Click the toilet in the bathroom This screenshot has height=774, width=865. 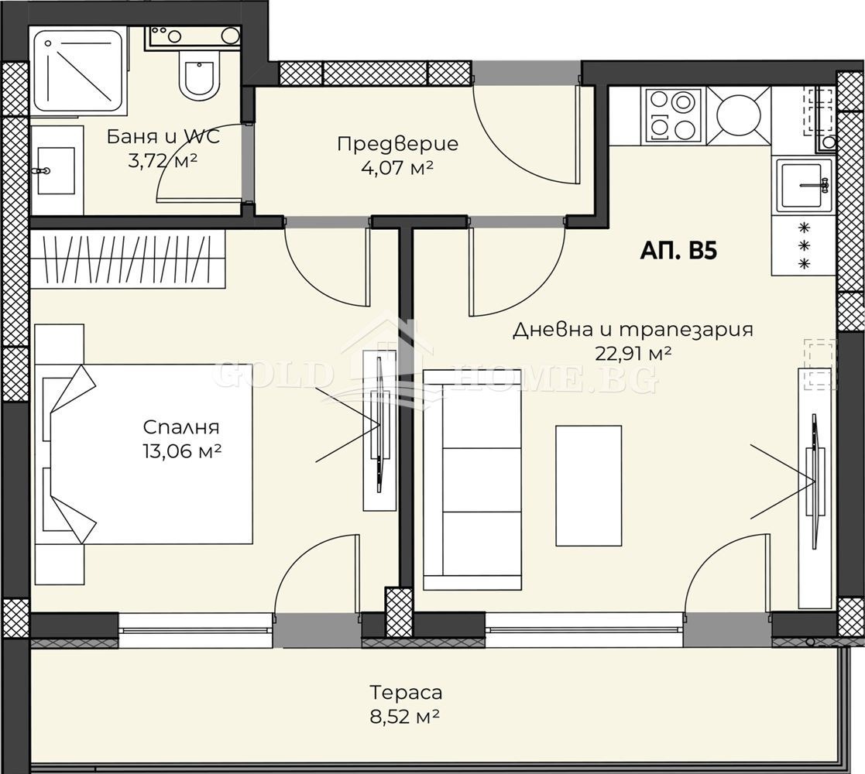pyautogui.click(x=199, y=77)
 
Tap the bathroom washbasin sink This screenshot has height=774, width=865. pyautogui.click(x=55, y=170)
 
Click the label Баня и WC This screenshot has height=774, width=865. pyautogui.click(x=163, y=136)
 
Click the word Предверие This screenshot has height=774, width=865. pyautogui.click(x=397, y=144)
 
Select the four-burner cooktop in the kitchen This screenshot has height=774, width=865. pyautogui.click(x=672, y=115)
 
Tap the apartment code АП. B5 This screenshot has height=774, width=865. pyautogui.click(x=678, y=251)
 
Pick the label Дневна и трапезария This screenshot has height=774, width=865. pyautogui.click(x=632, y=330)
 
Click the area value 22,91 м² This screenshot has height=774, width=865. pyautogui.click(x=633, y=353)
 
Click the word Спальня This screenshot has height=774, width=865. pyautogui.click(x=181, y=427)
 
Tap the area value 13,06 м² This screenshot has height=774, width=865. pyautogui.click(x=181, y=451)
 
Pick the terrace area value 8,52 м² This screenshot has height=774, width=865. pyautogui.click(x=404, y=717)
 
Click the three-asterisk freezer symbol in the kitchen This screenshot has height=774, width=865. pyautogui.click(x=805, y=245)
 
